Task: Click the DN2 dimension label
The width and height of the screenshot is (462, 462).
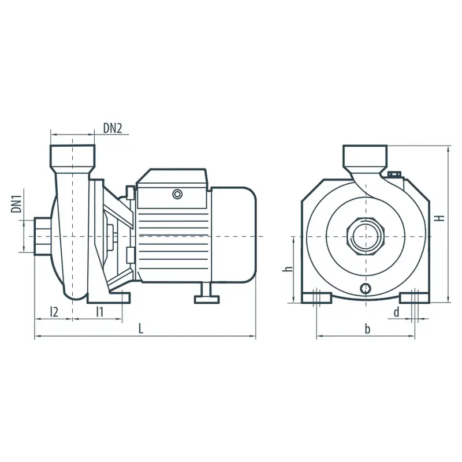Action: [112, 128]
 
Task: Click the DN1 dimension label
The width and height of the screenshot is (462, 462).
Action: [17, 203]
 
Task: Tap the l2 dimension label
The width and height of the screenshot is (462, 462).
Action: [54, 312]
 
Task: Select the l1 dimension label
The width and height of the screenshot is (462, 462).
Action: [100, 312]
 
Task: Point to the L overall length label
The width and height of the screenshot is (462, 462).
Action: [141, 328]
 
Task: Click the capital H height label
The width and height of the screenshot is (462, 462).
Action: [440, 218]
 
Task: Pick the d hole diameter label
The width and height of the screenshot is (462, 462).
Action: [397, 312]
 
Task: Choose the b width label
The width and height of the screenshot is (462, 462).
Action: [367, 328]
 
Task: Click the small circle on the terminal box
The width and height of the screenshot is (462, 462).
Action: [177, 194]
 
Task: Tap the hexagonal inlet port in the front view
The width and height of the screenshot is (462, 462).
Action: [366, 237]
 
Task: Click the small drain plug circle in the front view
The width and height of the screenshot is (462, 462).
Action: [366, 288]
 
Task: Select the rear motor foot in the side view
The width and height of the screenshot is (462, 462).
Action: [207, 293]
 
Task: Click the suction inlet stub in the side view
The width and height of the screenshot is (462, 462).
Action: [43, 236]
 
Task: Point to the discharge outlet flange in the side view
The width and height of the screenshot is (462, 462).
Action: [73, 157]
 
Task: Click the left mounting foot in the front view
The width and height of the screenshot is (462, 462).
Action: [316, 298]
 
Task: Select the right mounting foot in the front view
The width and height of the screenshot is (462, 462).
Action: [415, 298]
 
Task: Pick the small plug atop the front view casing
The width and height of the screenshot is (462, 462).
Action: [394, 175]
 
